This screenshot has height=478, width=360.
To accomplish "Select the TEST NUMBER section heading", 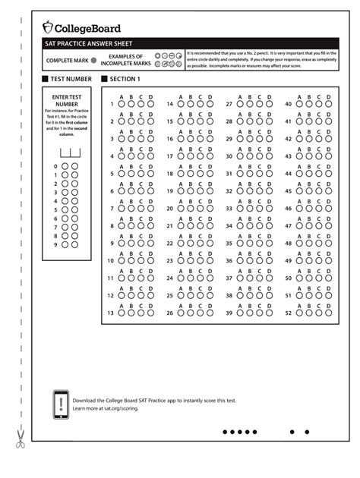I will pyautogui.click(x=71, y=79).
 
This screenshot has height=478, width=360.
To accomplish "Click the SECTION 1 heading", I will pyautogui.click(x=125, y=79).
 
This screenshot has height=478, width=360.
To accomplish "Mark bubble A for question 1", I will pyautogui.click(x=121, y=104).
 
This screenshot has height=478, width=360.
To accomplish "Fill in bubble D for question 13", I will pyautogui.click(x=150, y=313).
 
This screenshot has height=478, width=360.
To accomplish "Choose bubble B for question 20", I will pyautogui.click(x=191, y=208).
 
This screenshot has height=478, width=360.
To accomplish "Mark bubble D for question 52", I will pyautogui.click(x=329, y=313).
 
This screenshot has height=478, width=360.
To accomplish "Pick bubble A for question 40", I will pyautogui.click(x=299, y=104).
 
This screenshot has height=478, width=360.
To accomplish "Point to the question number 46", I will pyautogui.click(x=288, y=208).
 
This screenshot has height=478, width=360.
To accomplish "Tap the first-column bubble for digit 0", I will pyautogui.click(x=65, y=166).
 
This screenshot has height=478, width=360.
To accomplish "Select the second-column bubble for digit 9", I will pyautogui.click(x=75, y=244).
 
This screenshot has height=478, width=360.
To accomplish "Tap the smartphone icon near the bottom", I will pyautogui.click(x=61, y=403).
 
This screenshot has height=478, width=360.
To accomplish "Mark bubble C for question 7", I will pyautogui.click(x=141, y=208).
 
